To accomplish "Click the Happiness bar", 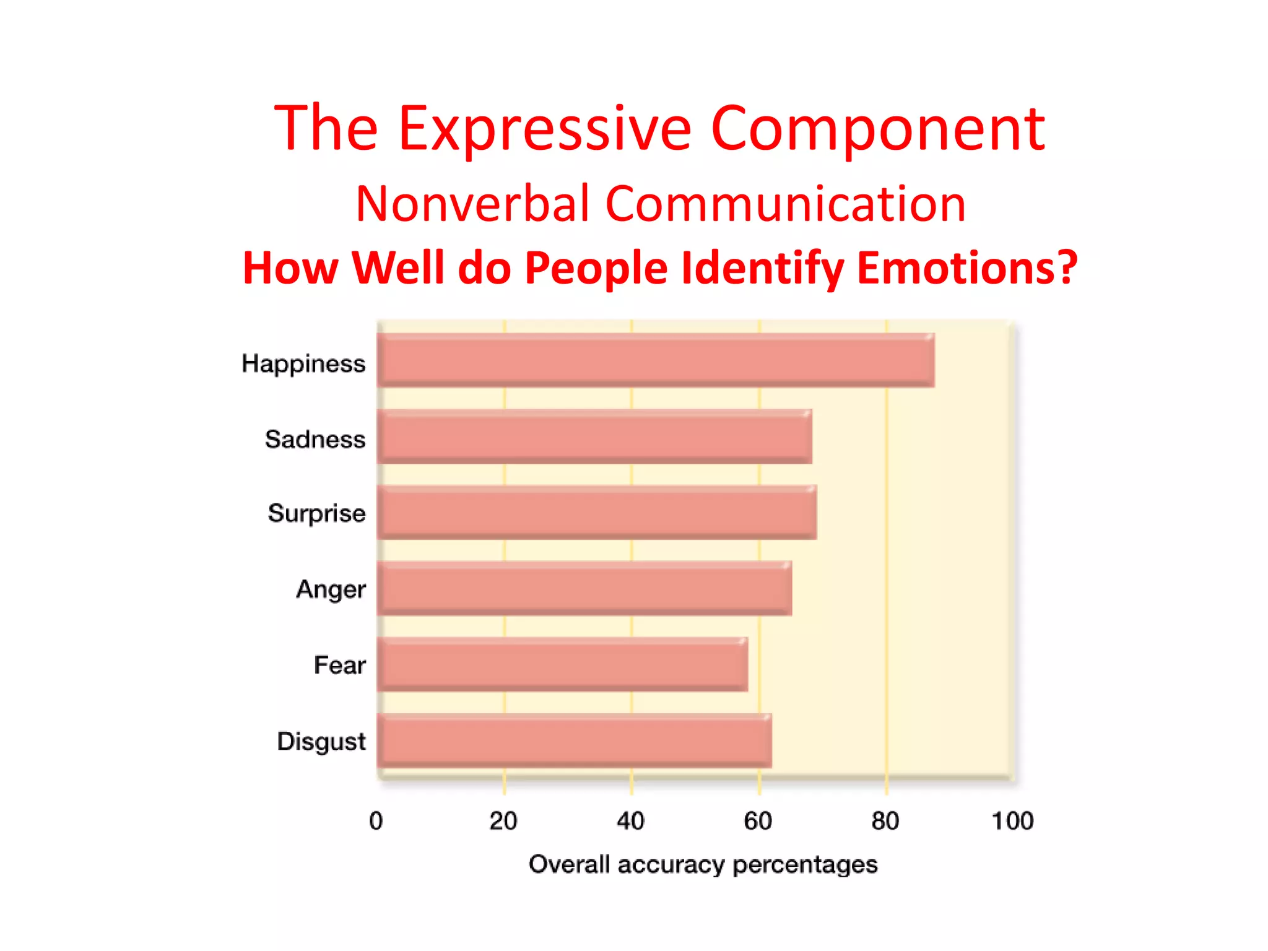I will point(655,360).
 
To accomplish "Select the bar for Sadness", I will point(594,436).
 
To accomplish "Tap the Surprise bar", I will point(596,512).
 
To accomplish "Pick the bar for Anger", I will point(584,588).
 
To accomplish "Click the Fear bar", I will point(562,664).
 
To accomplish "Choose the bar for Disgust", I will point(574,740).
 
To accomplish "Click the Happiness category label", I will point(303,364).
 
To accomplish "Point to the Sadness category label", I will point(315,440).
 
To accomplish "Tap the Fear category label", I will point(339,666).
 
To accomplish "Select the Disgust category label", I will point(321,742).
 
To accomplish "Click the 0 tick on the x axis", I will point(376,821).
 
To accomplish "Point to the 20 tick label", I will point(503,821).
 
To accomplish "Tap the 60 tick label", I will point(758,821).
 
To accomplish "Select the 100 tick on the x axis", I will point(1012,821).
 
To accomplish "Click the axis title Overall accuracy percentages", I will point(703,865).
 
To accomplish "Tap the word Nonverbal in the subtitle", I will point(472,204).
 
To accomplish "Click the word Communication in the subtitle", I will point(785,204).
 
